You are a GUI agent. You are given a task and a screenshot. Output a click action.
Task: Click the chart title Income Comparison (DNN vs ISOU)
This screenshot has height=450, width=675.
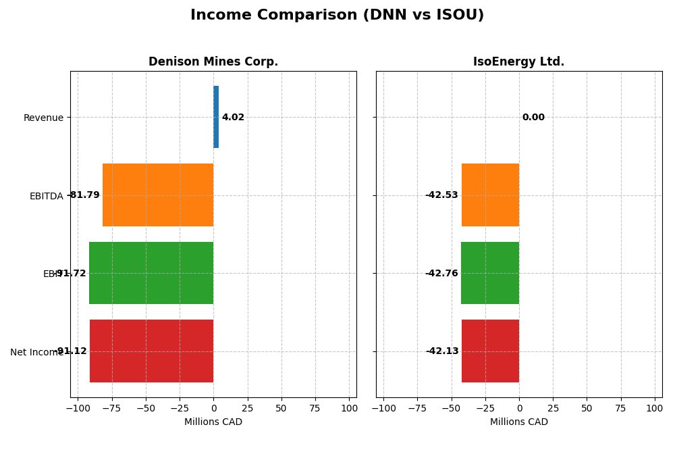coord(337,15)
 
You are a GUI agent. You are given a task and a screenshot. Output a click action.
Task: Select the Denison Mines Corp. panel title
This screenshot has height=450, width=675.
coord(213,61)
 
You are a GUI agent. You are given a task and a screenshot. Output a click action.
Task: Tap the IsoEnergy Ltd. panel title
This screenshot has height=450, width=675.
coord(518,61)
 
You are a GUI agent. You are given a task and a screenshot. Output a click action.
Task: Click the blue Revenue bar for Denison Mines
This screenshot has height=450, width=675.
coord(216,117)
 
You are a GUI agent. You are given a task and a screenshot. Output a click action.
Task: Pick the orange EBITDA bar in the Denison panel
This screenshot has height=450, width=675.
coord(158,195)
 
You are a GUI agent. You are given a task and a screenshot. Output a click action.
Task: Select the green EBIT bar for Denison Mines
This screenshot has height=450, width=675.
coord(151,273)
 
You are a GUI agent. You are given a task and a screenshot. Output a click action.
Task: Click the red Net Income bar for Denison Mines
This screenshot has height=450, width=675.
coord(152,351)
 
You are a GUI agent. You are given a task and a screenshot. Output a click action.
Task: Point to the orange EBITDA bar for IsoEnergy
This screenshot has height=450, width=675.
coord(490,195)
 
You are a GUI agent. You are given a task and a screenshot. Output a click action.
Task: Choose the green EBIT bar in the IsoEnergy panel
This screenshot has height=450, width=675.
coord(490,273)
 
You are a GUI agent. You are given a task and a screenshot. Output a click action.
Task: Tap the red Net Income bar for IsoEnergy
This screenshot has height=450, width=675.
coord(490,351)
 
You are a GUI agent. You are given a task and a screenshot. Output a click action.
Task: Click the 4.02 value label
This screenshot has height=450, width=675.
coord(233,118)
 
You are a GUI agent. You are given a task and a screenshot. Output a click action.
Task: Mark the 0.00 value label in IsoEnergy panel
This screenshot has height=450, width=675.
coord(533,118)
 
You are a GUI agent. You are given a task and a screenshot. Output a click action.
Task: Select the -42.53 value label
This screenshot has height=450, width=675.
coord(441,195)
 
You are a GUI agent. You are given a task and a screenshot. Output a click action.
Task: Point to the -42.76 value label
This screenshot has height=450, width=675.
coord(441,274)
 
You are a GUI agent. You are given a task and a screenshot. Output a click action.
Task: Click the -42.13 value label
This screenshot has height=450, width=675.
coord(442,351)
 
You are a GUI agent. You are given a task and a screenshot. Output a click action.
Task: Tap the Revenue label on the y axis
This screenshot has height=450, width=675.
coord(43,118)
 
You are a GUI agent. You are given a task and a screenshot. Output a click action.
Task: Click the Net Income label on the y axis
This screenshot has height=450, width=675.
coord(36,352)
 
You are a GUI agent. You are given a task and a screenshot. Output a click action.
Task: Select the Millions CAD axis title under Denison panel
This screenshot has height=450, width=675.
coord(213,422)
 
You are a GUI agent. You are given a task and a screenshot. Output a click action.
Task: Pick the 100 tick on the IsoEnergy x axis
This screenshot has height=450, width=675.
coord(654,409)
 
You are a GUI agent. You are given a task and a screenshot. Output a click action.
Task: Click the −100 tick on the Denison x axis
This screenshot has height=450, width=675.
coord(77,409)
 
